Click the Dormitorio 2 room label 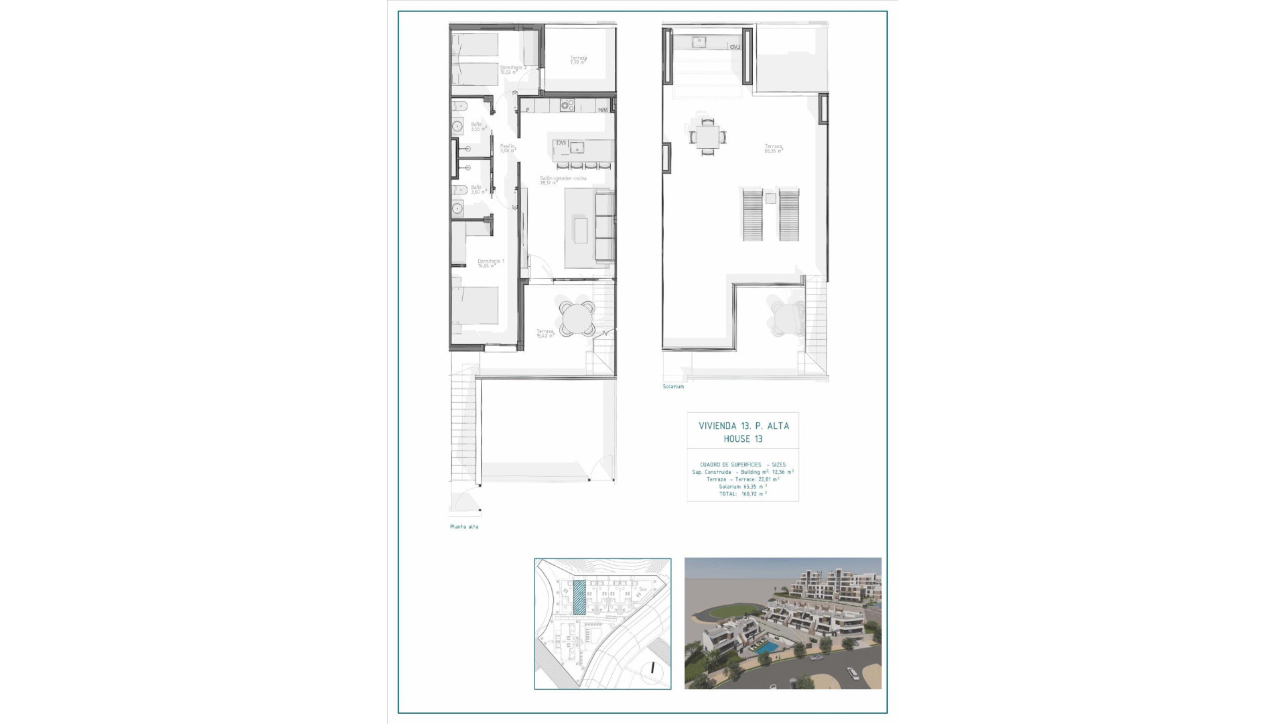pos(513,70)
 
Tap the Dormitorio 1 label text pos(490,263)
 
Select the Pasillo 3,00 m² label pos(507,147)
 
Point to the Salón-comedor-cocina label pos(563,180)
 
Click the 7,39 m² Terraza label pos(578,60)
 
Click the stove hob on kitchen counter pos(567,105)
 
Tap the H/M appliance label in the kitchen pos(603,110)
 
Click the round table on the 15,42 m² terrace pos(577,318)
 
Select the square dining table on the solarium pos(707,137)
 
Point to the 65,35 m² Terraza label pos(774,148)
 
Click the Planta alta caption pos(464,527)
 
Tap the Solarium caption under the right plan pos(673,387)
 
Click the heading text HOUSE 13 pos(743,439)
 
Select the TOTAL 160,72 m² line pos(743,493)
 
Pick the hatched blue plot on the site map pos(579,597)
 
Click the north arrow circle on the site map pos(652,668)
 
